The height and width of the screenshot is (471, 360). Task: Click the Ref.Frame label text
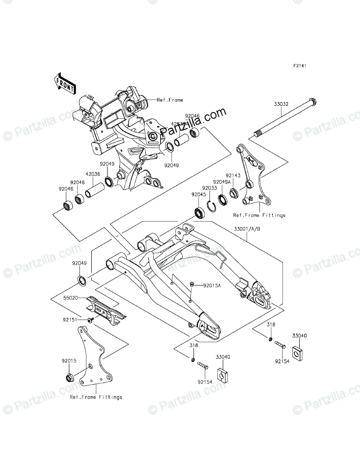170,100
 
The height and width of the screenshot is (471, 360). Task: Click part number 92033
209,188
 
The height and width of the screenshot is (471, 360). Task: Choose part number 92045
198,195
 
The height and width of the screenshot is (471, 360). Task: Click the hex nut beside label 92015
69,376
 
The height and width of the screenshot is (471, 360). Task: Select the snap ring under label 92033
211,205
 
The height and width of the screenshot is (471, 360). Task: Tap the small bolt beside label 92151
90,320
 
